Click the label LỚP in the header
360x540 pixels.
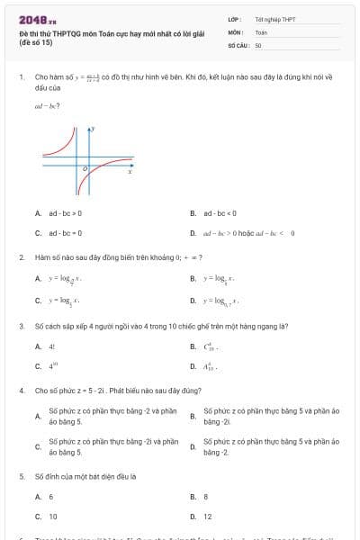(233, 19)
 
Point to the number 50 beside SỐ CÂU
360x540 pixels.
(258, 44)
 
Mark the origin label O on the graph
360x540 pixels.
(85, 168)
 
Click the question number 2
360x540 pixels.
(21, 257)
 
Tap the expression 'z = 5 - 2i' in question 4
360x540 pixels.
(90, 391)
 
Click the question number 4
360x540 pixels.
(21, 391)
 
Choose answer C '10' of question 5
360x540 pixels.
(52, 517)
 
